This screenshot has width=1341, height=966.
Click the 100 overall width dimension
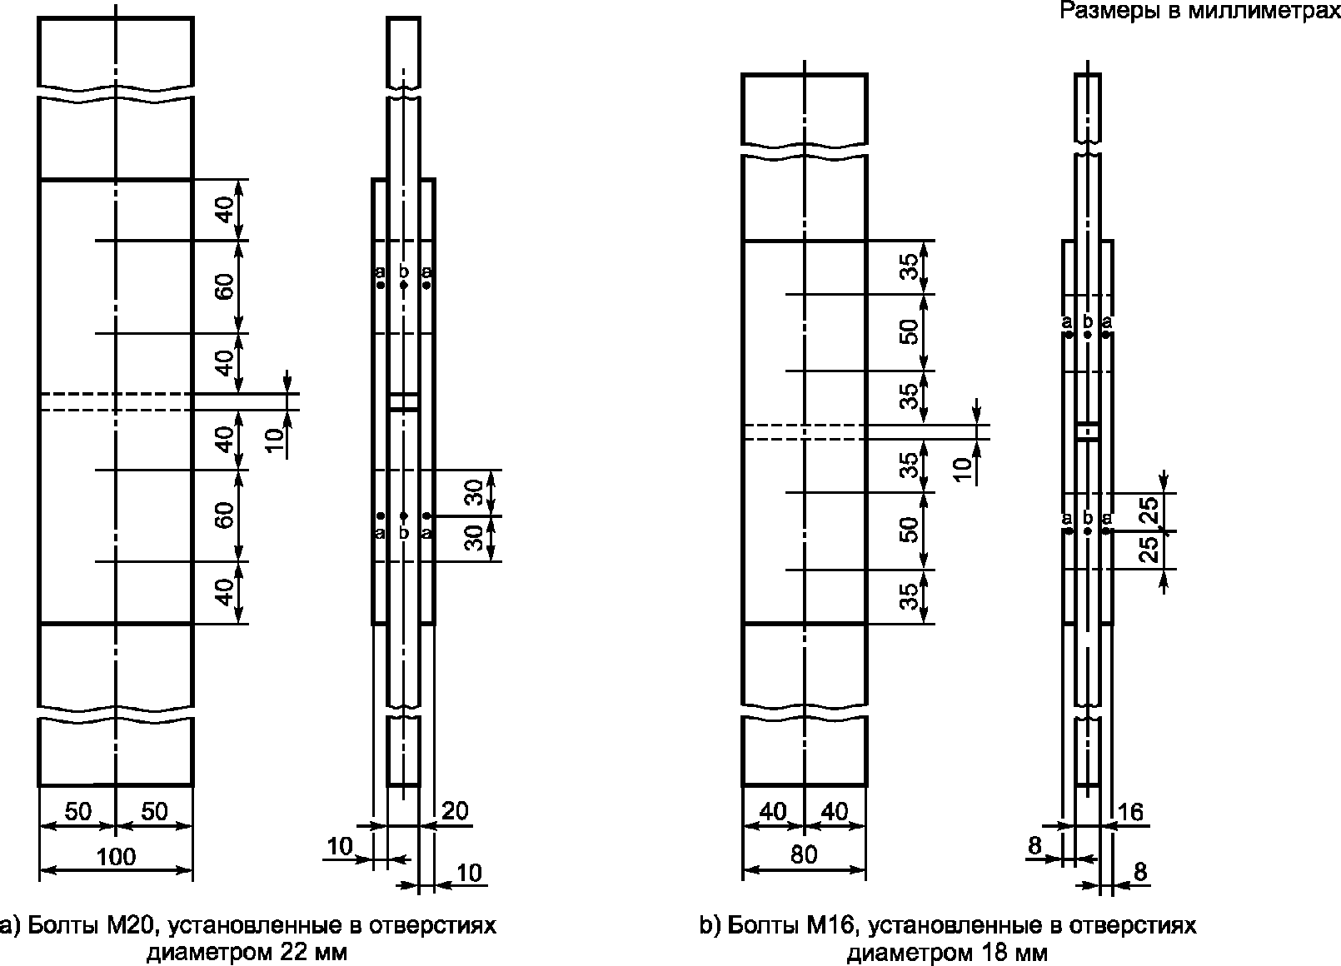click(116, 857)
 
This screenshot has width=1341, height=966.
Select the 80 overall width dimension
click(804, 854)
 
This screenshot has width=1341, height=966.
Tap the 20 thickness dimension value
click(455, 811)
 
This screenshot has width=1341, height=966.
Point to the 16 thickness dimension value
click(1130, 812)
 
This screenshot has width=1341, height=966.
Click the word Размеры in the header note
click(1110, 10)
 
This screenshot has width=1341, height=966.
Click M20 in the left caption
click(132, 925)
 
